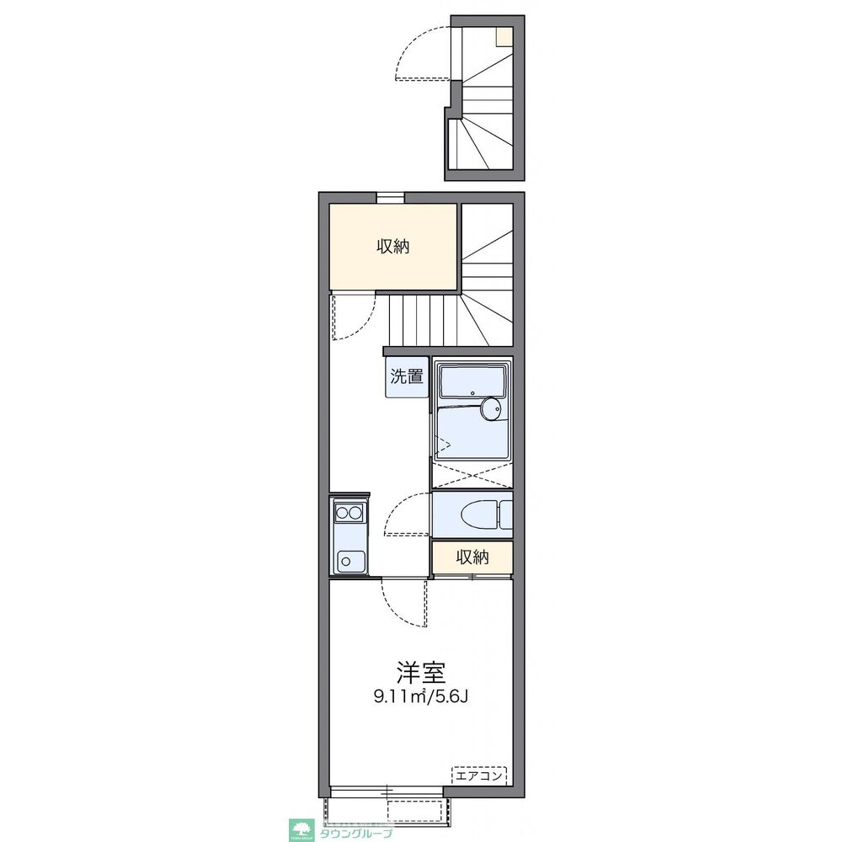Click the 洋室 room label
click(421, 672)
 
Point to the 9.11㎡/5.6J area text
click(421, 697)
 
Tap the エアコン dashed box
click(479, 775)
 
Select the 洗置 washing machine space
click(407, 376)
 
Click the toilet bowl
click(478, 515)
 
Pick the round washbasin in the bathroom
click(490, 409)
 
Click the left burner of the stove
click(342, 514)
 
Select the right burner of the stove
click(356, 514)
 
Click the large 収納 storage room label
click(393, 246)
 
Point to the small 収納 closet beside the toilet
click(472, 557)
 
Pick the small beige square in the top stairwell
click(504, 36)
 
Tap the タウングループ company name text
click(356, 834)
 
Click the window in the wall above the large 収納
click(390, 197)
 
